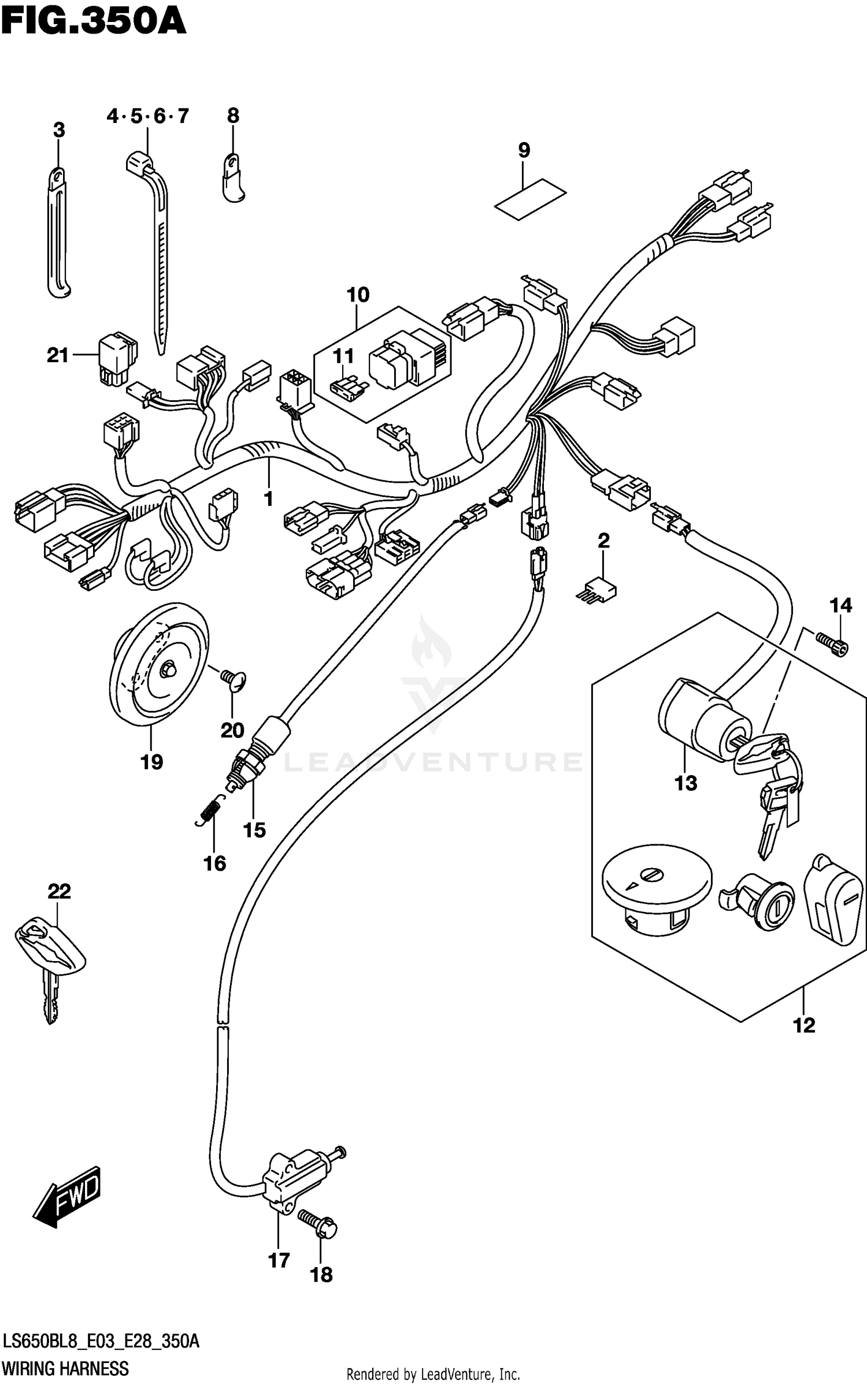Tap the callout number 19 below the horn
coord(151,762)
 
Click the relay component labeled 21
coord(118,359)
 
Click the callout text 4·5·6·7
coord(148,117)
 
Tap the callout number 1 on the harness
coord(268,499)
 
